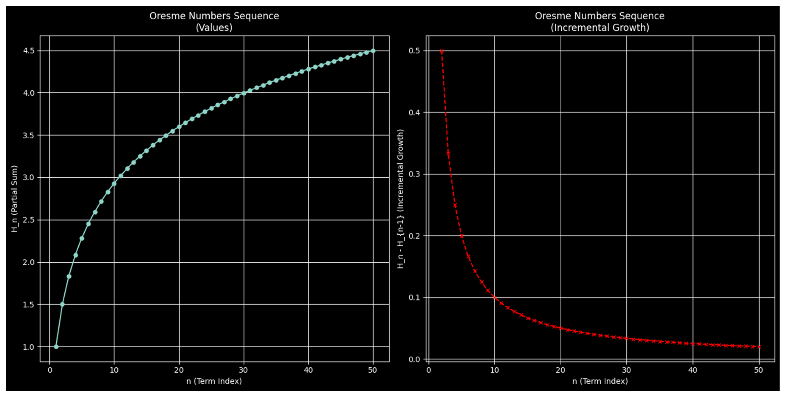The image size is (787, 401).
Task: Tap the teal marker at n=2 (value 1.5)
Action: pyautogui.click(x=62, y=304)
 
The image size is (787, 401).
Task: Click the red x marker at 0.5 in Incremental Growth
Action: pyautogui.click(x=442, y=51)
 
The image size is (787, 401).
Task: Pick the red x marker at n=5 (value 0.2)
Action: pyautogui.click(x=462, y=236)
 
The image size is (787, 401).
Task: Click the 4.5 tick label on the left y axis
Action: pyautogui.click(x=29, y=51)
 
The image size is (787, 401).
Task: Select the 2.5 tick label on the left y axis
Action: pyautogui.click(x=29, y=220)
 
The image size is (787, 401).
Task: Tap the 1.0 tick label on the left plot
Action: pyautogui.click(x=29, y=347)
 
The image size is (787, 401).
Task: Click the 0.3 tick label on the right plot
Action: pyautogui.click(x=414, y=174)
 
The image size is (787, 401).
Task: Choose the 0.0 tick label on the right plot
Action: pyautogui.click(x=414, y=359)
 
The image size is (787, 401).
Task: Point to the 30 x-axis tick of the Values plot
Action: pyautogui.click(x=243, y=370)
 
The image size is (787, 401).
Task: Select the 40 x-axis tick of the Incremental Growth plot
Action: pyautogui.click(x=693, y=370)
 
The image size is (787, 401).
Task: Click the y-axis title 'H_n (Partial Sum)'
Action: pyautogui.click(x=14, y=199)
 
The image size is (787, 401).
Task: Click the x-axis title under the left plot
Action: pyautogui.click(x=214, y=381)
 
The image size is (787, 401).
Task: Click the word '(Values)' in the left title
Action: pyautogui.click(x=214, y=28)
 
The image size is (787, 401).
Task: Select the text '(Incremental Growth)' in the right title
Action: pyautogui.click(x=600, y=28)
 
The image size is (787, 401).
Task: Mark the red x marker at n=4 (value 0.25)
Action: pyautogui.click(x=455, y=206)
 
